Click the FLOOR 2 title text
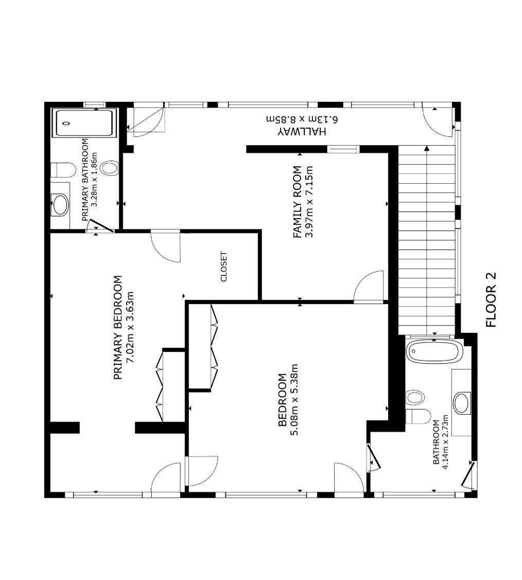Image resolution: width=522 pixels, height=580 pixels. pyautogui.click(x=491, y=300)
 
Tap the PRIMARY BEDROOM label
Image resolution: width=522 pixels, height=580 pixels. pyautogui.click(x=117, y=327)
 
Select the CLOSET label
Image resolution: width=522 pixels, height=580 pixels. pyautogui.click(x=223, y=267)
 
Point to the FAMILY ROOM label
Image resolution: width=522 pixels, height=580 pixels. pyautogui.click(x=298, y=202)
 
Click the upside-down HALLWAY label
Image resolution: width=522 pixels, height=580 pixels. pyautogui.click(x=302, y=131)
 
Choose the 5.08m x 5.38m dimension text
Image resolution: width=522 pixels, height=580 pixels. pyautogui.click(x=294, y=399)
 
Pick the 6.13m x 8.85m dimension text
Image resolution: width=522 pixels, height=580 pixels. pyautogui.click(x=302, y=119)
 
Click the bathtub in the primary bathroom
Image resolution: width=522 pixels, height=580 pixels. pyautogui.click(x=84, y=123)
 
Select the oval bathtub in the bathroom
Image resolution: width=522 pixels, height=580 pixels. pyautogui.click(x=434, y=351)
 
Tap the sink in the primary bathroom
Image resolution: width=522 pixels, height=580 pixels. pyautogui.click(x=60, y=205)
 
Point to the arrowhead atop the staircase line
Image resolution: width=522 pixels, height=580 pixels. pyautogui.click(x=427, y=149)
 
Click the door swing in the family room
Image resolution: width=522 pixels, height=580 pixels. pyautogui.click(x=369, y=287)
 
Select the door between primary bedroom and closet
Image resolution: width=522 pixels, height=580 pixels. pyautogui.click(x=166, y=247)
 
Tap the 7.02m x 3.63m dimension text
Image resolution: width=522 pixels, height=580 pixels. pyautogui.click(x=130, y=327)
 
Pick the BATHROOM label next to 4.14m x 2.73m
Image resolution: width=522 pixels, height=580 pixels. pyautogui.click(x=437, y=442)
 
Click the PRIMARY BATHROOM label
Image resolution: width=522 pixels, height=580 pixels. pyautogui.click(x=85, y=180)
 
